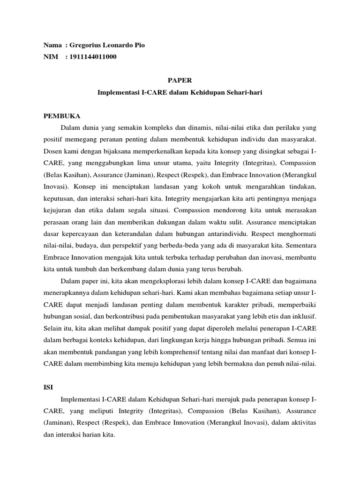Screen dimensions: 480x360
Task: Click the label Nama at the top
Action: [52, 45]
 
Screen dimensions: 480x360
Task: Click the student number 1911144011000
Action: [92, 57]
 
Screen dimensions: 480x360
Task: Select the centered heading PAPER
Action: [180, 80]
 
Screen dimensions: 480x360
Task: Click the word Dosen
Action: [52, 151]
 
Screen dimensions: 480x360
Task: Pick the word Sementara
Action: [300, 245]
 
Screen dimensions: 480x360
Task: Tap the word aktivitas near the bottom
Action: [303, 422]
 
